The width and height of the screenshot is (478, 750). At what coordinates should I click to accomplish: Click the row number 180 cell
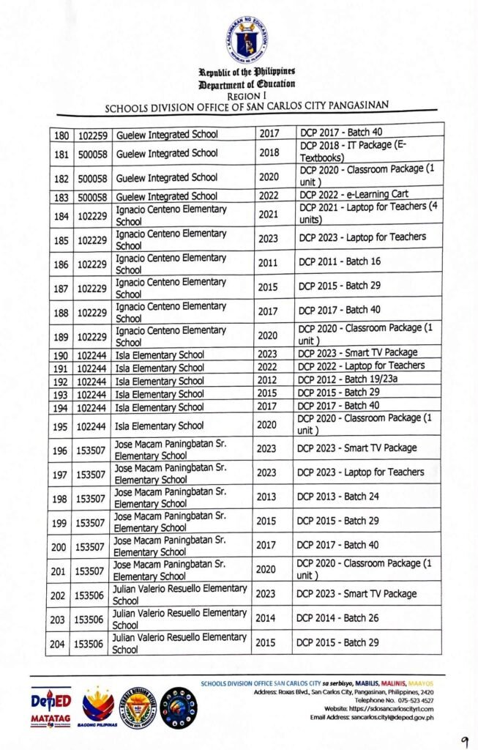pos(60,135)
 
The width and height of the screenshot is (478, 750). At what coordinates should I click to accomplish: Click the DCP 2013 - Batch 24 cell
pos(338,497)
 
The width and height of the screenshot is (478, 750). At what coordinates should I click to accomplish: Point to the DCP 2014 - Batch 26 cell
pos(338,618)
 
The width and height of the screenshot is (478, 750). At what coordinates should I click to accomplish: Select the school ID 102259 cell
pos(91,135)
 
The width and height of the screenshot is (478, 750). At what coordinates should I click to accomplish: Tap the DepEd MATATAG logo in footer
pos(51,708)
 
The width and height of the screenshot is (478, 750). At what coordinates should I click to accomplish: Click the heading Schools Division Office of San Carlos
pos(247,105)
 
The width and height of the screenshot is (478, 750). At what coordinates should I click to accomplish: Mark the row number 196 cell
pos(59,449)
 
